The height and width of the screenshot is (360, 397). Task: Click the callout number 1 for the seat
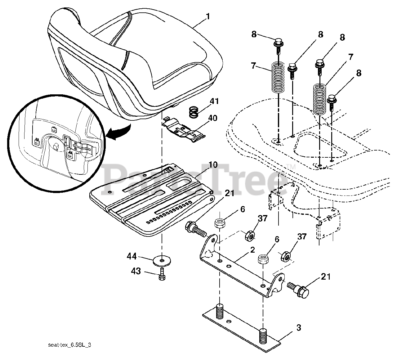point(207,16)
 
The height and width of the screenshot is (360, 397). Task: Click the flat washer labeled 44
point(162,259)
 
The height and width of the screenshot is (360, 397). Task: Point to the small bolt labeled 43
point(162,274)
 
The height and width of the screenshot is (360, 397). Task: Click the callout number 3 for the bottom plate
point(298,328)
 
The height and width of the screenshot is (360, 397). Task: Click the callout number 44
point(132,256)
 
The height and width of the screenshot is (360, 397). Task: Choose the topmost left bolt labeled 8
point(279,42)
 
